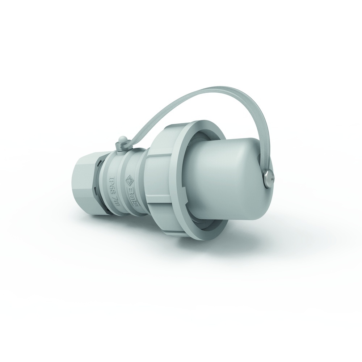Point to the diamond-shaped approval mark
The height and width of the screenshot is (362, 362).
click(129, 180)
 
